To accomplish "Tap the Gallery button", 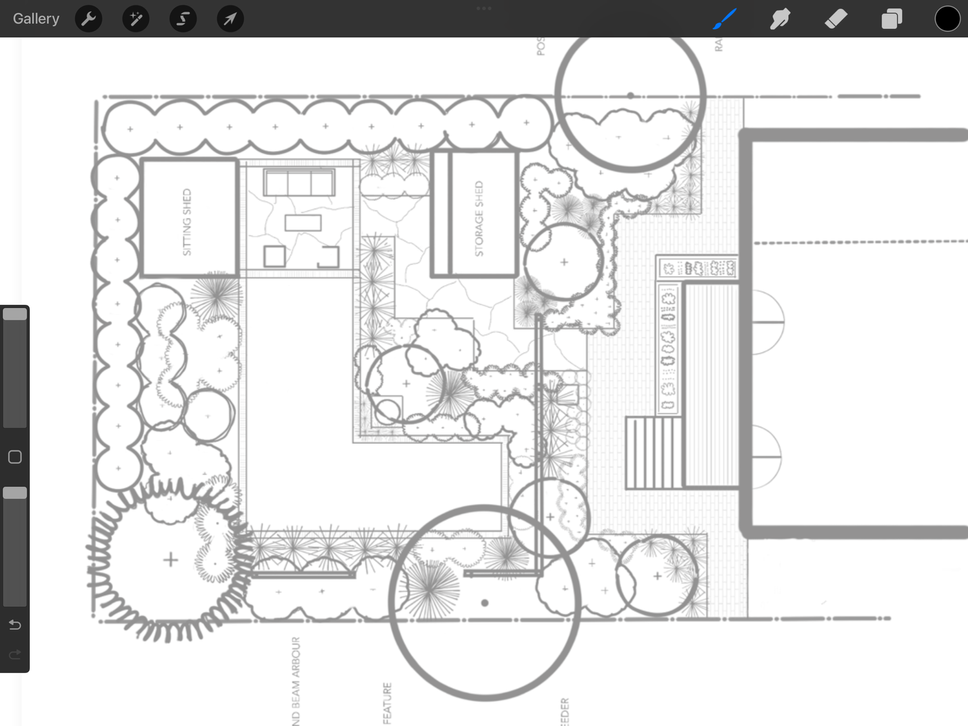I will [x=36, y=19].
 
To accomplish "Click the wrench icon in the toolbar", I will [x=88, y=19].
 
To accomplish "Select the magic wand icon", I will [x=136, y=19].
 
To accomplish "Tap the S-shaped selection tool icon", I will [x=183, y=19].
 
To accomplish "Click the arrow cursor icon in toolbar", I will [x=230, y=19].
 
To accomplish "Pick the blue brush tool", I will [x=725, y=19].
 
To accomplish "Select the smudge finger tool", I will [x=780, y=19].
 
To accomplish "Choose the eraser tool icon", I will [x=836, y=19].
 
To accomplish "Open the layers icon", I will [x=891, y=19].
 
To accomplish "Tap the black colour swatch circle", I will [x=947, y=19].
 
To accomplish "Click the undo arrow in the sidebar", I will [x=15, y=625].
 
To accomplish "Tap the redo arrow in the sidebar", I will [x=15, y=655].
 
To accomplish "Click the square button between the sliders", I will [x=15, y=457].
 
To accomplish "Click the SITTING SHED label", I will [x=187, y=222].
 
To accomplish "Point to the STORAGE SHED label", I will [x=479, y=218].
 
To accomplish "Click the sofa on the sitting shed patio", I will [x=299, y=183].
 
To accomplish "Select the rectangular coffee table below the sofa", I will [x=303, y=223].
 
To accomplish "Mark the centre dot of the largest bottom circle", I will [x=485, y=603].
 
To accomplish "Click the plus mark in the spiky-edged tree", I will [x=170, y=559].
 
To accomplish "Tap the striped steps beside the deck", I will [x=654, y=452].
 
